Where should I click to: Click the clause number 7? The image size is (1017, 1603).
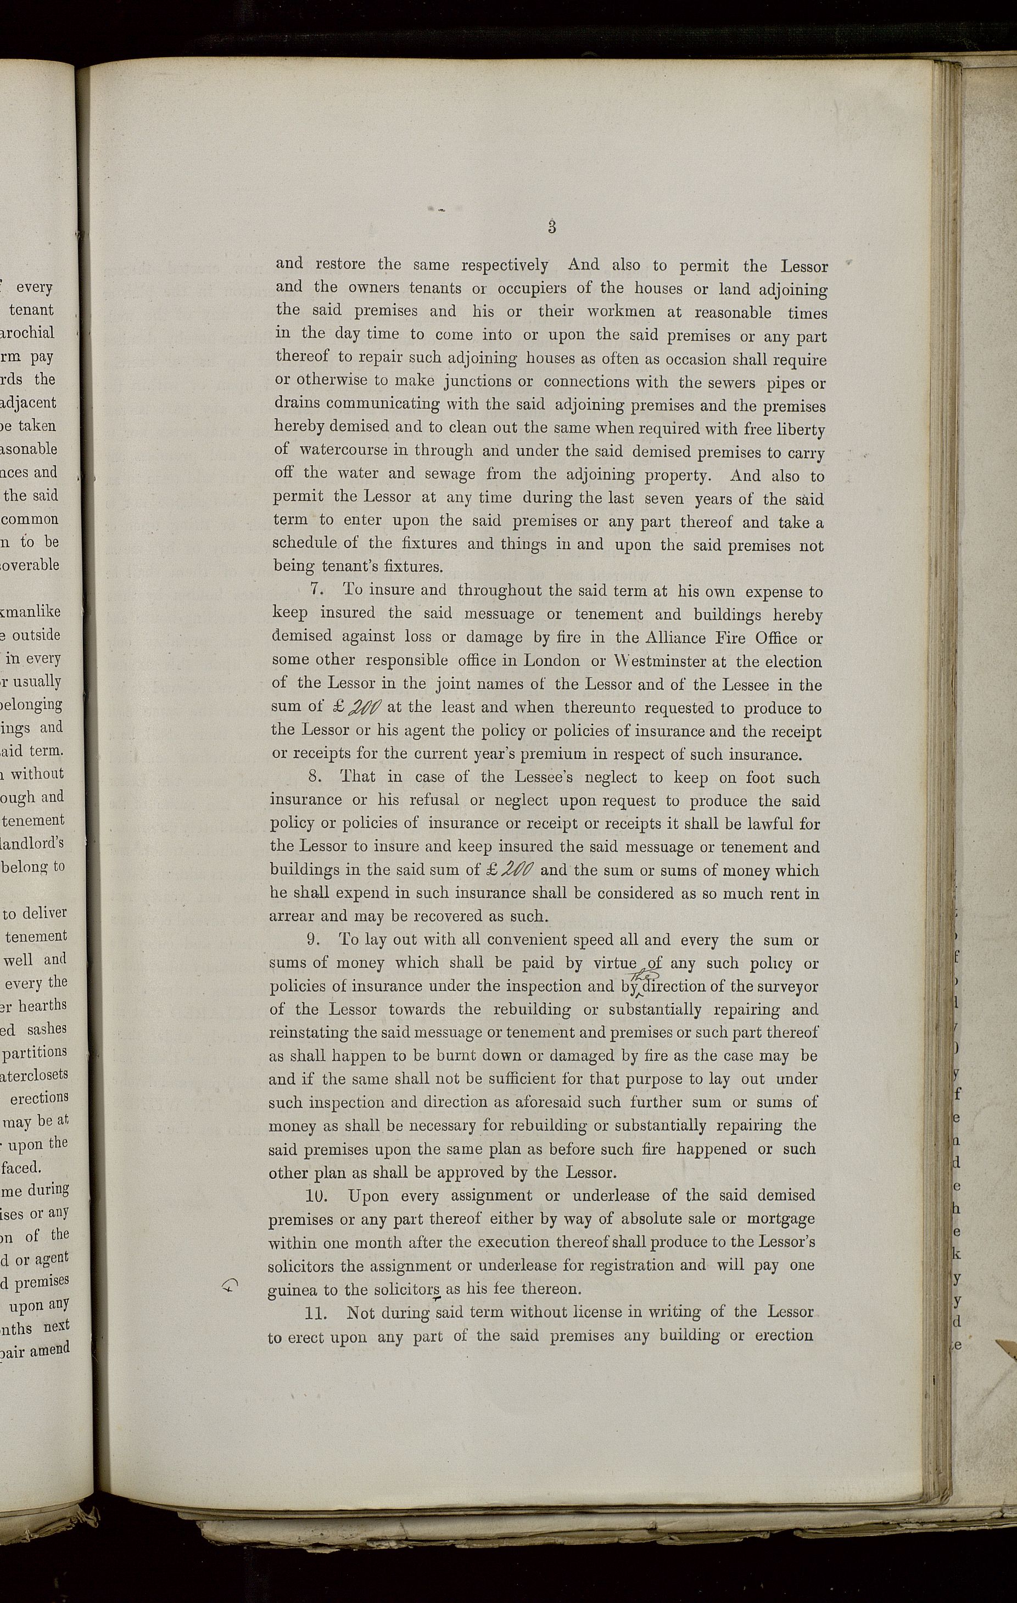click(316, 590)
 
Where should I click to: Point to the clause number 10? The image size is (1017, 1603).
click(315, 1196)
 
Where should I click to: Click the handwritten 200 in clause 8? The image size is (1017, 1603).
click(522, 869)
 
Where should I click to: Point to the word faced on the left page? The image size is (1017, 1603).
click(24, 1167)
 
